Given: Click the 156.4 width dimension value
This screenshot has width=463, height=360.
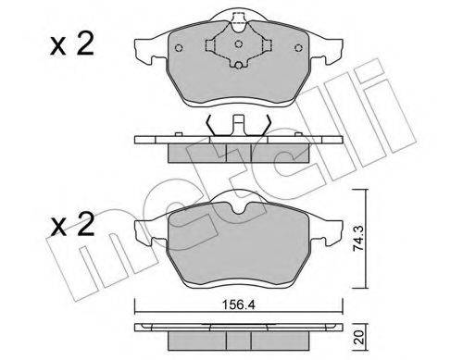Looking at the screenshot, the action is click(x=239, y=305).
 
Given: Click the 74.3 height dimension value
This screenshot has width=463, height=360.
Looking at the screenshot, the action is click(x=359, y=238).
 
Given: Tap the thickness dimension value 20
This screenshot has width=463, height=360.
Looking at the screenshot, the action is click(x=359, y=338).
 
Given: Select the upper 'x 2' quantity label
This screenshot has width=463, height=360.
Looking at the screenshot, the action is click(x=72, y=45).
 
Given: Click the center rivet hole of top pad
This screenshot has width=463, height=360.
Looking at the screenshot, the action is click(x=238, y=43).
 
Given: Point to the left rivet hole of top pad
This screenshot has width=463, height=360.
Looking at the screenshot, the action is click(x=179, y=48).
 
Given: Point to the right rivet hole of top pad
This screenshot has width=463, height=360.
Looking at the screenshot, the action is click(x=298, y=48).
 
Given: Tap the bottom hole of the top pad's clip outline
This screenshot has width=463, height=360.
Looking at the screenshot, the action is click(x=238, y=66).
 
